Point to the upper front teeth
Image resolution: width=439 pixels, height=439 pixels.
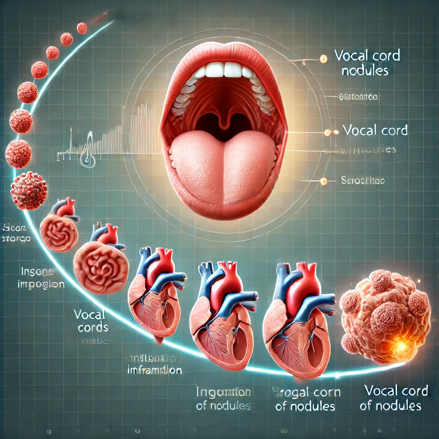tap(223, 69)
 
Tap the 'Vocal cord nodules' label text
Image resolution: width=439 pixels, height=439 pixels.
tap(367, 63)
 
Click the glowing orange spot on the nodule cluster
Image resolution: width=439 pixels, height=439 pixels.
tap(401, 345)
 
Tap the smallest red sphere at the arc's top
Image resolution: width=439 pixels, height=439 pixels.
tap(82, 28)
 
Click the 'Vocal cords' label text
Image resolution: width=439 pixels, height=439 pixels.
tap(90, 321)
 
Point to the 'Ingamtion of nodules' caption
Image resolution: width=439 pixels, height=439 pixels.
tap(223, 399)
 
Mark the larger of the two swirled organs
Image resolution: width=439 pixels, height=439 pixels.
tap(101, 267)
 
